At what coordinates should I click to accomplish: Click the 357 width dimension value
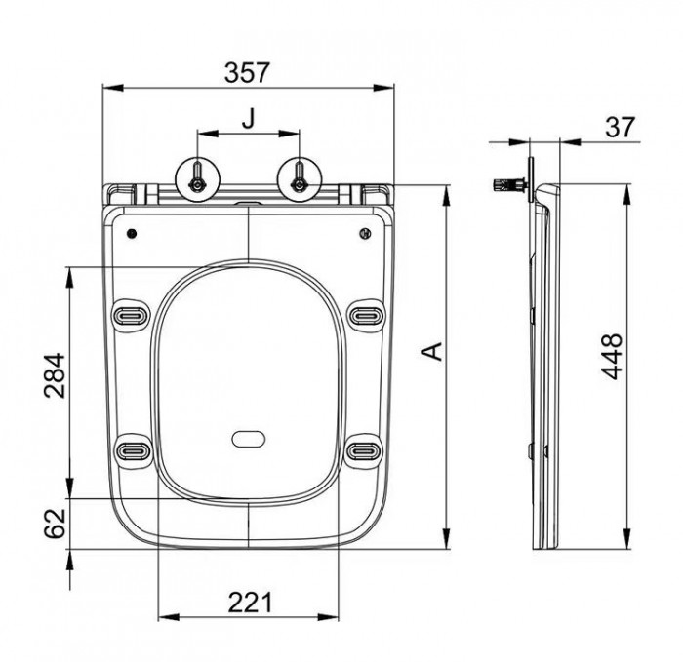[247, 72]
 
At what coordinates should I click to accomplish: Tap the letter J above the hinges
[248, 118]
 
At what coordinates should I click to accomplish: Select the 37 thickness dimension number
[621, 127]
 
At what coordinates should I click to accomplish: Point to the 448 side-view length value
[611, 357]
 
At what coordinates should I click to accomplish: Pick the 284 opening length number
[55, 375]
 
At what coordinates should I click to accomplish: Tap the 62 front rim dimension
[55, 524]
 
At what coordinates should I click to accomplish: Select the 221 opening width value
[250, 603]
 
